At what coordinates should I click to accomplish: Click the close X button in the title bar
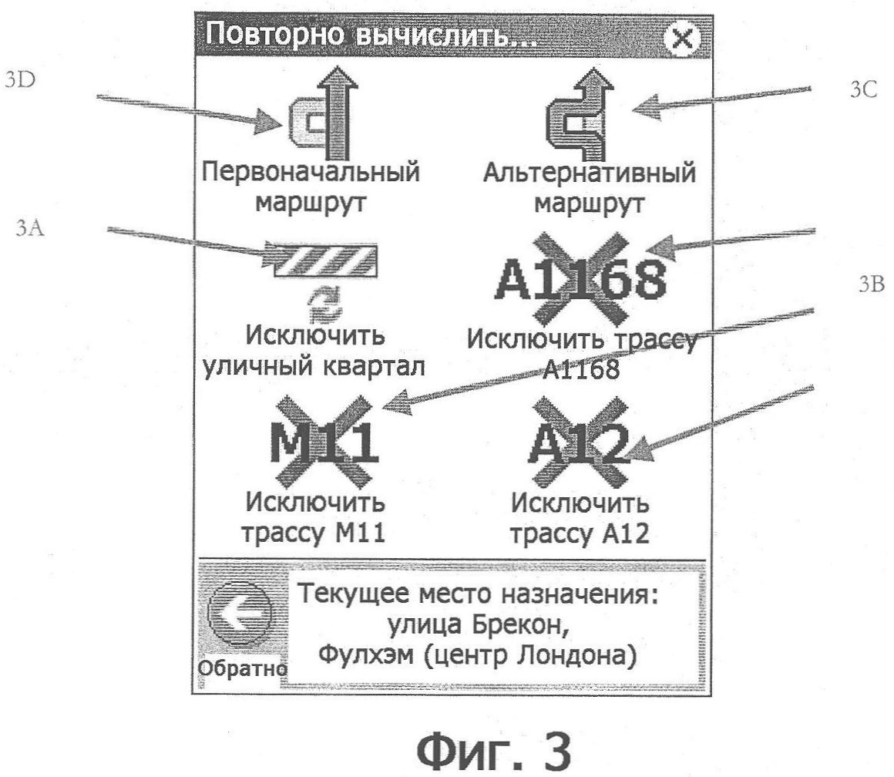pos(682,39)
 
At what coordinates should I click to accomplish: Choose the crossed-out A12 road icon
pos(580,443)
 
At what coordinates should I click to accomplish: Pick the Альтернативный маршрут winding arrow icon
pos(580,114)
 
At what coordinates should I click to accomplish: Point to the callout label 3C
pos(863,89)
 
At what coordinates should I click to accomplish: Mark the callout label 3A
pos(29,228)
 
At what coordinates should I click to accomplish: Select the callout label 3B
pos(871,284)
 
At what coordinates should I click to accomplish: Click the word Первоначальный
pos(311,172)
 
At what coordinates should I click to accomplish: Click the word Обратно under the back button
pos(242,668)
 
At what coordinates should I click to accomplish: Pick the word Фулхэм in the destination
pos(365,654)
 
